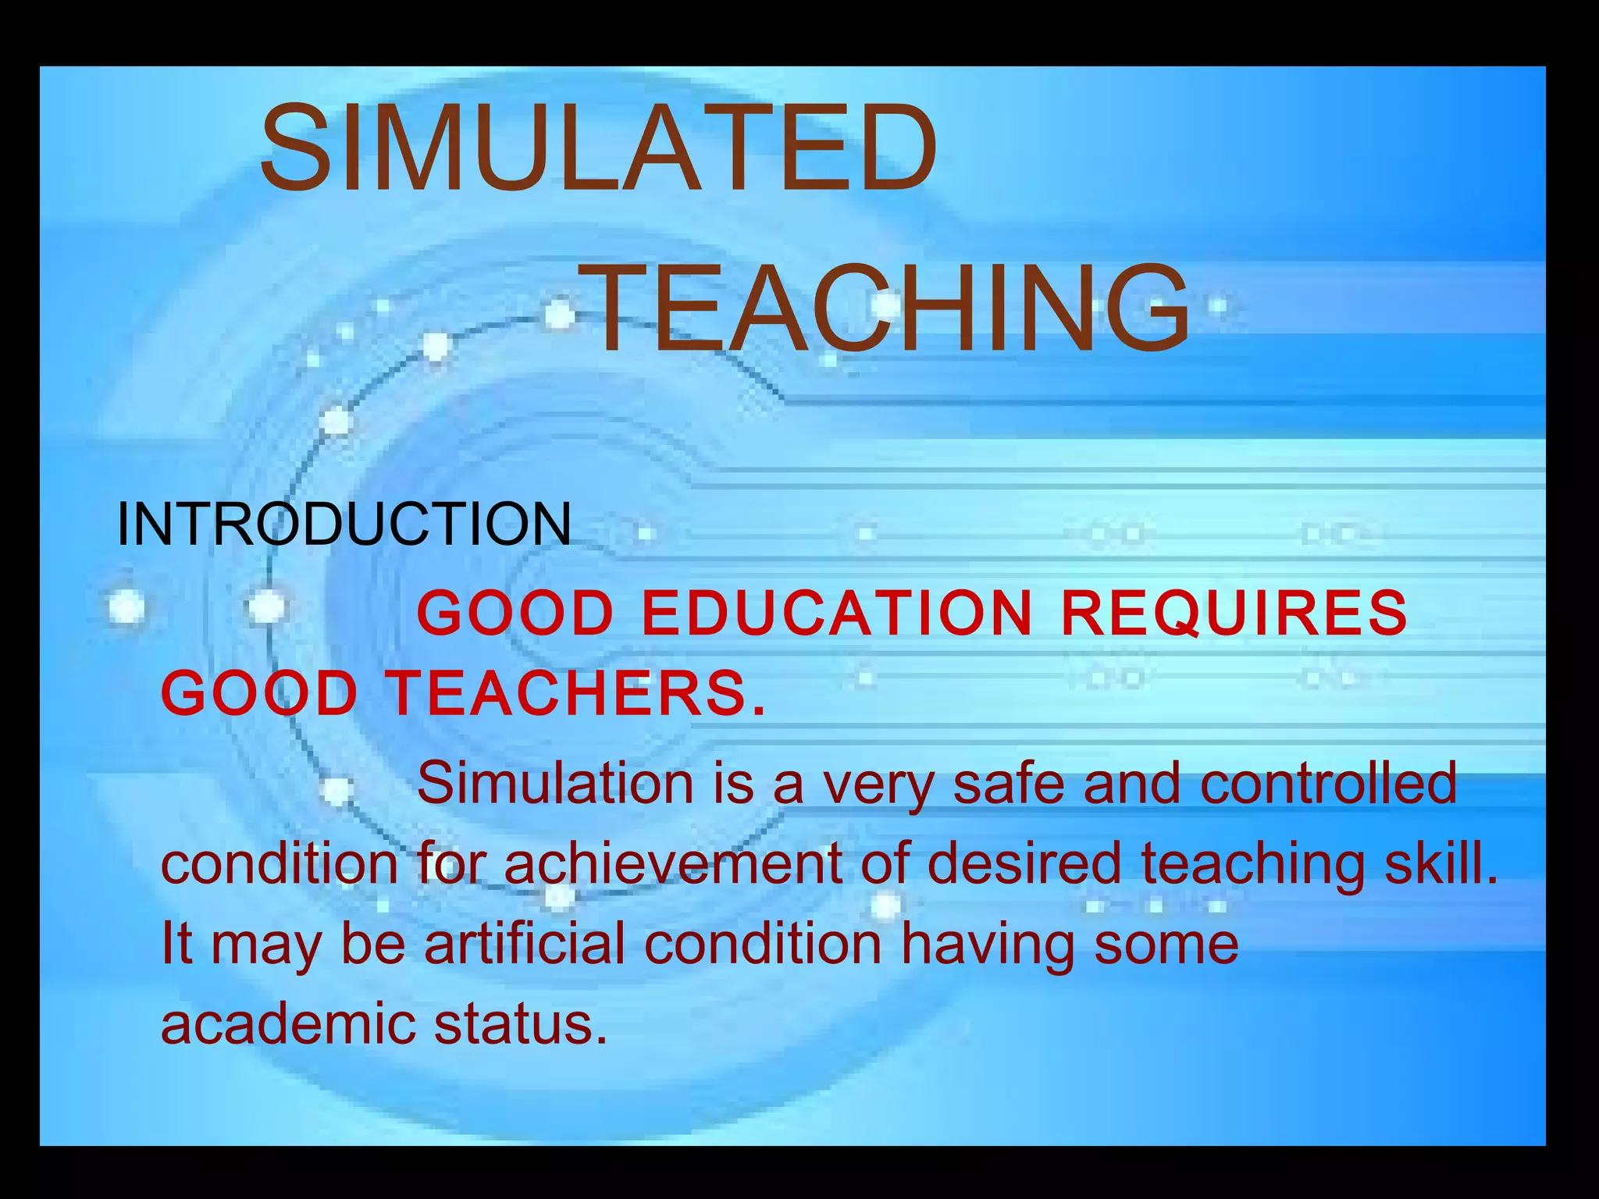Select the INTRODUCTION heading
point(344,524)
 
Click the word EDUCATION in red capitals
point(837,613)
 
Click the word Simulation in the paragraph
point(555,783)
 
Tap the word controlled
point(1328,783)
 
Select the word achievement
point(673,863)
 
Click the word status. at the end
point(520,1023)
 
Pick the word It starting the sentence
point(176,943)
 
